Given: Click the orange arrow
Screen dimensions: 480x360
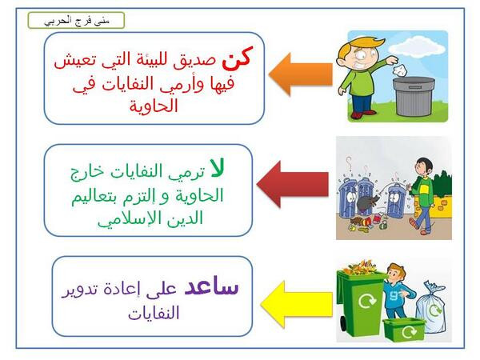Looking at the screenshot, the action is (301, 74).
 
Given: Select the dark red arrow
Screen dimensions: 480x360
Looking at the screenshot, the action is (292, 184).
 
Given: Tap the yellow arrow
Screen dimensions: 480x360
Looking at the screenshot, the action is (297, 304).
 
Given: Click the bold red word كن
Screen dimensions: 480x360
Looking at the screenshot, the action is (238, 58).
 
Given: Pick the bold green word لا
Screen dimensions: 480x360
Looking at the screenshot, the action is (217, 169).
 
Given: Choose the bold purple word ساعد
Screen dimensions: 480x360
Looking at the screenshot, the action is (211, 286).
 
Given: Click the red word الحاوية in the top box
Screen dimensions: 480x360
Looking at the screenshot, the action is (154, 106).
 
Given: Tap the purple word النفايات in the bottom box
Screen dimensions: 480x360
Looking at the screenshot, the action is (154, 313).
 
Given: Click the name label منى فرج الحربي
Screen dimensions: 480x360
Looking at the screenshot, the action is (77, 21).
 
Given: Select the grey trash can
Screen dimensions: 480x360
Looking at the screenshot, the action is (414, 96).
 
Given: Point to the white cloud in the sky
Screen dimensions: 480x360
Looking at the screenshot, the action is (417, 46).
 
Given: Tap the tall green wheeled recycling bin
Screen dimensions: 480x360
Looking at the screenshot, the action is (360, 302).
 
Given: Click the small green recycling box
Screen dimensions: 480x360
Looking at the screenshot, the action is (404, 330).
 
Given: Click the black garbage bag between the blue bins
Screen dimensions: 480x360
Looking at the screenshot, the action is (367, 203).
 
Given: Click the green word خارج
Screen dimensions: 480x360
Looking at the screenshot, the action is (86, 171).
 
